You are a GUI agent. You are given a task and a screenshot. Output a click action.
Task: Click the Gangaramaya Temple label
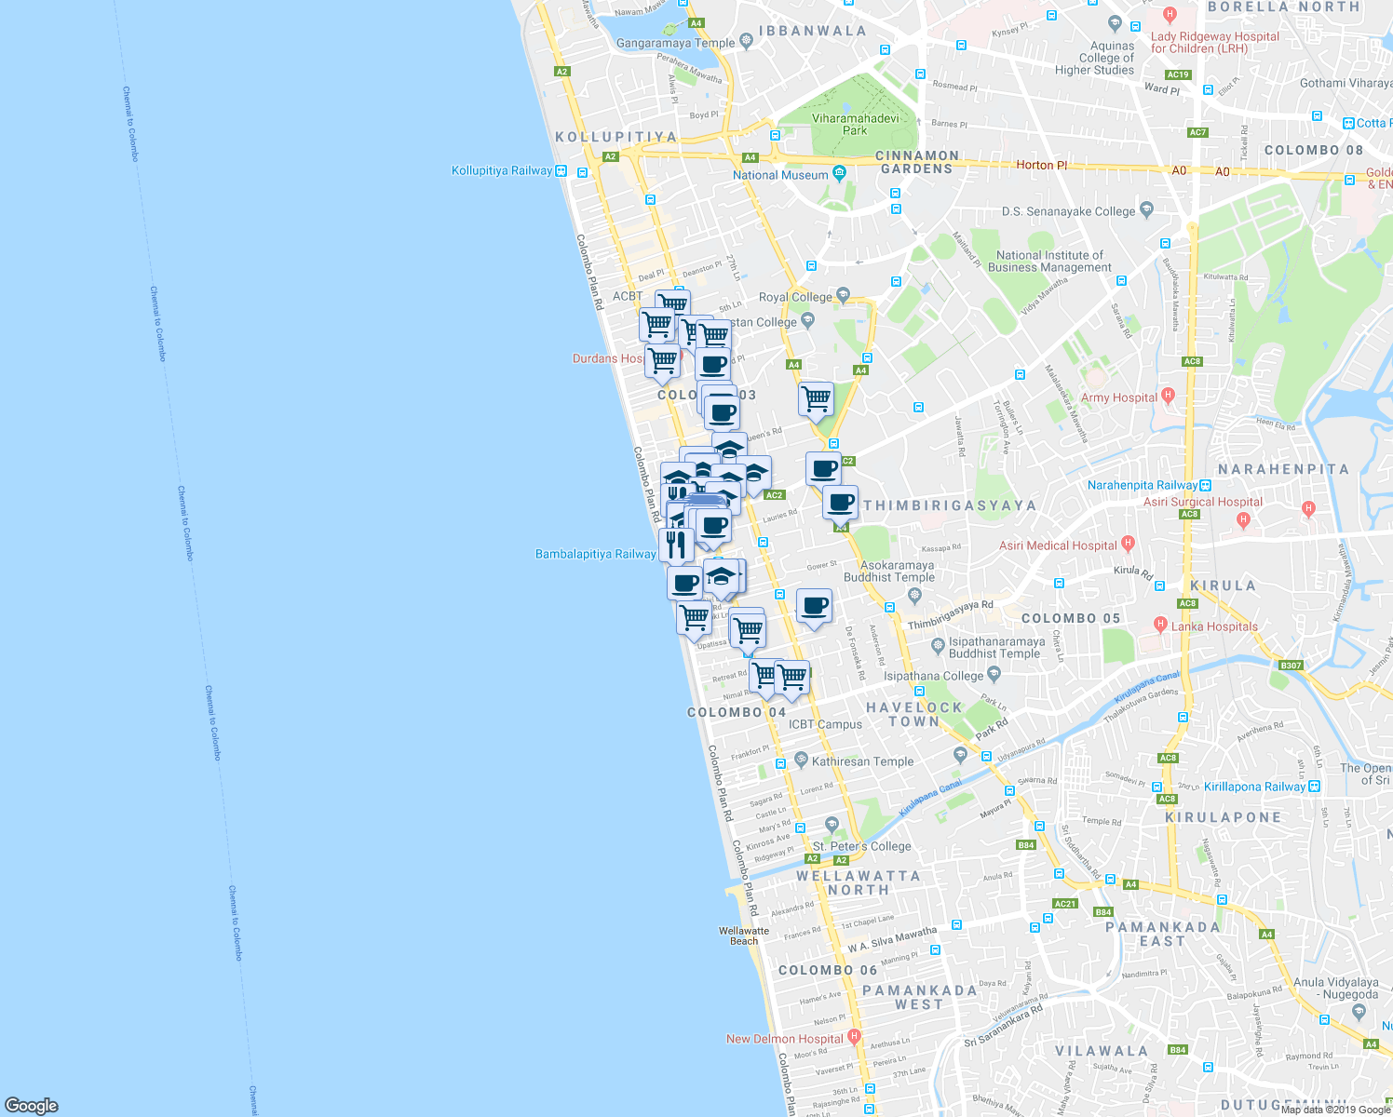[x=675, y=43]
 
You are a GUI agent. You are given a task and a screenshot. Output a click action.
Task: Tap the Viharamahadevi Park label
[x=855, y=125]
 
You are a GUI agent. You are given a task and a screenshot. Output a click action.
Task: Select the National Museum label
[x=780, y=175]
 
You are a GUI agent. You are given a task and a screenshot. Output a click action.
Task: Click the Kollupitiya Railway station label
[x=502, y=170]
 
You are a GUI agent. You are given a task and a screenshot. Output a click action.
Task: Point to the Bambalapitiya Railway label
[x=595, y=554]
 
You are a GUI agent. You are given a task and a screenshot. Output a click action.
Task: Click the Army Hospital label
[x=1118, y=397]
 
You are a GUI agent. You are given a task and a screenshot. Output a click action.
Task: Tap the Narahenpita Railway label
[x=1142, y=485]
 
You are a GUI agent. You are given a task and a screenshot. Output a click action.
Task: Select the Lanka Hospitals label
[x=1214, y=626]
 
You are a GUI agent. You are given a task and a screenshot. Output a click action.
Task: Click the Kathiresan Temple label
[x=862, y=761]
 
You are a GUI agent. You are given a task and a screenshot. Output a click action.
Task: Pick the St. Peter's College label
[x=862, y=846]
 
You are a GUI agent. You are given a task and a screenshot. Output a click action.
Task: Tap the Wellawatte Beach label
[x=744, y=935]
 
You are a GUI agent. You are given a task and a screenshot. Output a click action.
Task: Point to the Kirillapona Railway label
[x=1254, y=787]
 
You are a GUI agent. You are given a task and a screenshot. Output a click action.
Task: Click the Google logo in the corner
[x=31, y=1105]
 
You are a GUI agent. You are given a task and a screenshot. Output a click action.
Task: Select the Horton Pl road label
[x=1041, y=165]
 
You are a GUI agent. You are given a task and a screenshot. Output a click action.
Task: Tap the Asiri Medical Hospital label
[x=1058, y=545]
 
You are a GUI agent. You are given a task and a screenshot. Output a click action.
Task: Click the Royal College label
[x=795, y=297]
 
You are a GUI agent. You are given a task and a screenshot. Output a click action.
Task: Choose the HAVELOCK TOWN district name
[x=913, y=714]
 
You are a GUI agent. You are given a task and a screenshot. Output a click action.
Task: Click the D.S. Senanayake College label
[x=1068, y=211]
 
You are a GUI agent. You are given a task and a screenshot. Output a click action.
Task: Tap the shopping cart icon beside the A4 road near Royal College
[x=816, y=398]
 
